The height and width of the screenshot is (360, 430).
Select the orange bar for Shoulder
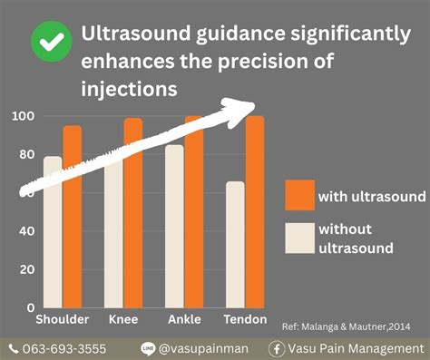tap(73, 218)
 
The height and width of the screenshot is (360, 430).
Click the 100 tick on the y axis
tap(23, 116)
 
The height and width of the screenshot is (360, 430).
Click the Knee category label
tap(123, 320)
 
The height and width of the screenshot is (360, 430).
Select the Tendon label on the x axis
tap(245, 320)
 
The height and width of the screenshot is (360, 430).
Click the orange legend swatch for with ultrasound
tap(298, 195)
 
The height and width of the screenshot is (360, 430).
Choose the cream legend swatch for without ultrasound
tap(298, 238)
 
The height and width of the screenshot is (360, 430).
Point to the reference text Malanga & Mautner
tap(354, 326)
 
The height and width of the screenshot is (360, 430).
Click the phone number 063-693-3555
tap(63, 348)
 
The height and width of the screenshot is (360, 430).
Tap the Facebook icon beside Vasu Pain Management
tap(277, 348)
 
